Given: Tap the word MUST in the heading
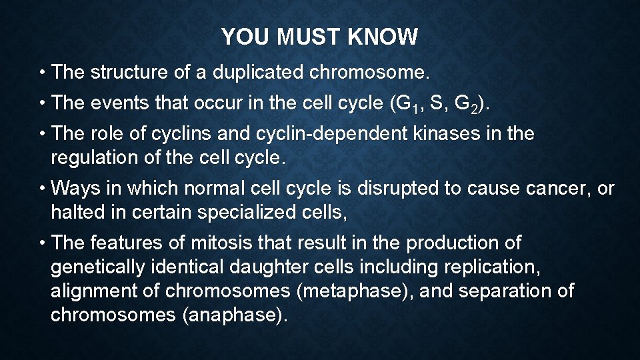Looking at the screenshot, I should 307,37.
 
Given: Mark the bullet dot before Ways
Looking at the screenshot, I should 43,189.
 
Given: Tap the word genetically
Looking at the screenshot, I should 97,267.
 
